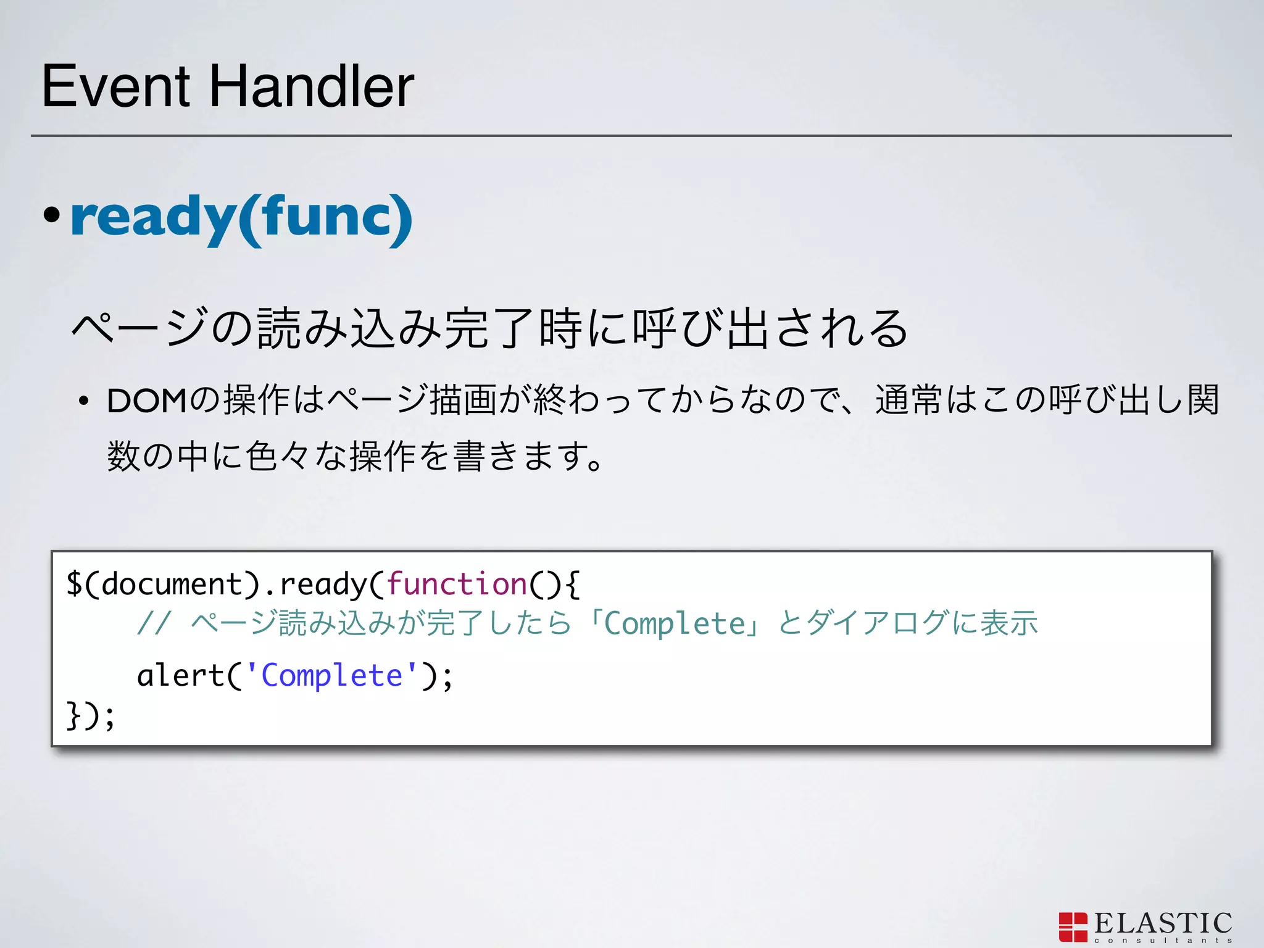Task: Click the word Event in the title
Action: [x=116, y=86]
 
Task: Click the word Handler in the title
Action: [x=312, y=86]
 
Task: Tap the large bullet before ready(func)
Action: [x=52, y=215]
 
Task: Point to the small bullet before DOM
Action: [x=83, y=402]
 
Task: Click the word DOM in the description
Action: [x=147, y=401]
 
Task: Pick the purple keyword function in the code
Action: [x=457, y=584]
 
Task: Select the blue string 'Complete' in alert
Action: [x=332, y=675]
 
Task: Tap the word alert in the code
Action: [x=180, y=675]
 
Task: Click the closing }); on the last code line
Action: [x=90, y=716]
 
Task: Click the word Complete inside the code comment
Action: [x=675, y=623]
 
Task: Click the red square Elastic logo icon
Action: [x=1073, y=927]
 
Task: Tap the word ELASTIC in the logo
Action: [x=1163, y=924]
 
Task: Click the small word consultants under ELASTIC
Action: [x=1163, y=941]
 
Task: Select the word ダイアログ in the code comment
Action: [x=876, y=623]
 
